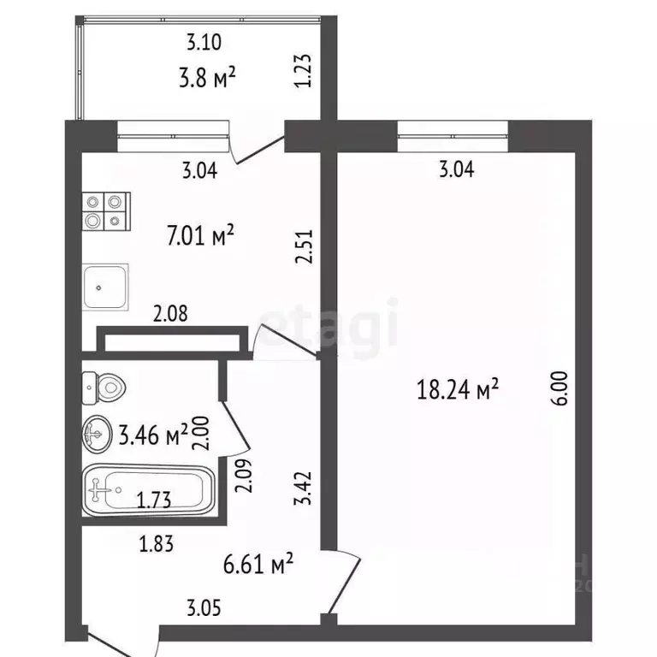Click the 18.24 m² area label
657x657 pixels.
456,391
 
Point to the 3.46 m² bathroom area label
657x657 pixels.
152,435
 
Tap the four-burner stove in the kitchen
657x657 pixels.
106,212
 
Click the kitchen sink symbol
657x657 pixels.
105,287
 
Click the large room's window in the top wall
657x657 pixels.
453,130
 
